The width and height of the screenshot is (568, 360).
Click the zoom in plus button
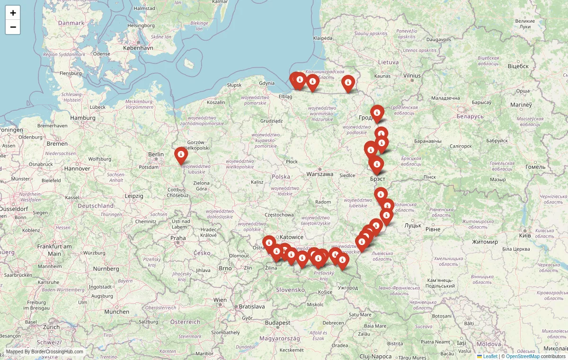pyautogui.click(x=13, y=13)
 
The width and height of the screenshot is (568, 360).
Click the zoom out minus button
pyautogui.click(x=13, y=27)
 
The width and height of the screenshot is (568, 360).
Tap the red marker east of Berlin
pyautogui.click(x=181, y=155)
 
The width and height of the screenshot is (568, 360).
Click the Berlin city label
pyautogui.click(x=156, y=154)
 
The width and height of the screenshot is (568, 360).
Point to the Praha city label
pyautogui.click(x=178, y=238)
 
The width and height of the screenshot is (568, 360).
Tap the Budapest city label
pyautogui.click(x=277, y=323)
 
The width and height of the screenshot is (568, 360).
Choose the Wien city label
pyautogui.click(x=220, y=299)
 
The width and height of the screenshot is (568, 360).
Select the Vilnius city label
pyautogui.click(x=412, y=75)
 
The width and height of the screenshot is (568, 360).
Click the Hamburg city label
pyautogui.click(x=83, y=118)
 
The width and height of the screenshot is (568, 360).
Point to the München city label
pyautogui.click(x=117, y=311)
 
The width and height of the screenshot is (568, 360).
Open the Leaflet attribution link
pyautogui.click(x=490, y=356)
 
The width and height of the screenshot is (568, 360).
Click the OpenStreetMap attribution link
pyautogui.click(x=523, y=356)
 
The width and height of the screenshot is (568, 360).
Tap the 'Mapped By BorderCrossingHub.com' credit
pyautogui.click(x=44, y=351)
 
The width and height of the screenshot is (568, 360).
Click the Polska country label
pyautogui.click(x=281, y=176)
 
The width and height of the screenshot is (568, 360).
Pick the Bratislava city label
pyautogui.click(x=251, y=307)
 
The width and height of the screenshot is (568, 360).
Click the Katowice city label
pyautogui.click(x=292, y=237)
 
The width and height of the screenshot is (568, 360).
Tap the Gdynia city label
pyautogui.click(x=267, y=83)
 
